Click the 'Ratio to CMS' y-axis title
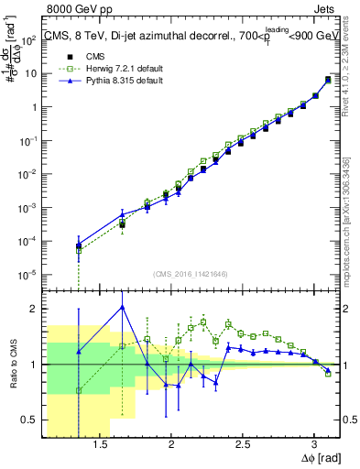click(12, 364)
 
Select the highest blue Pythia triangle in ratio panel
click(122, 307)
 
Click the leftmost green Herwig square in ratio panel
click(79, 391)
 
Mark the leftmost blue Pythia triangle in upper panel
click(79, 245)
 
